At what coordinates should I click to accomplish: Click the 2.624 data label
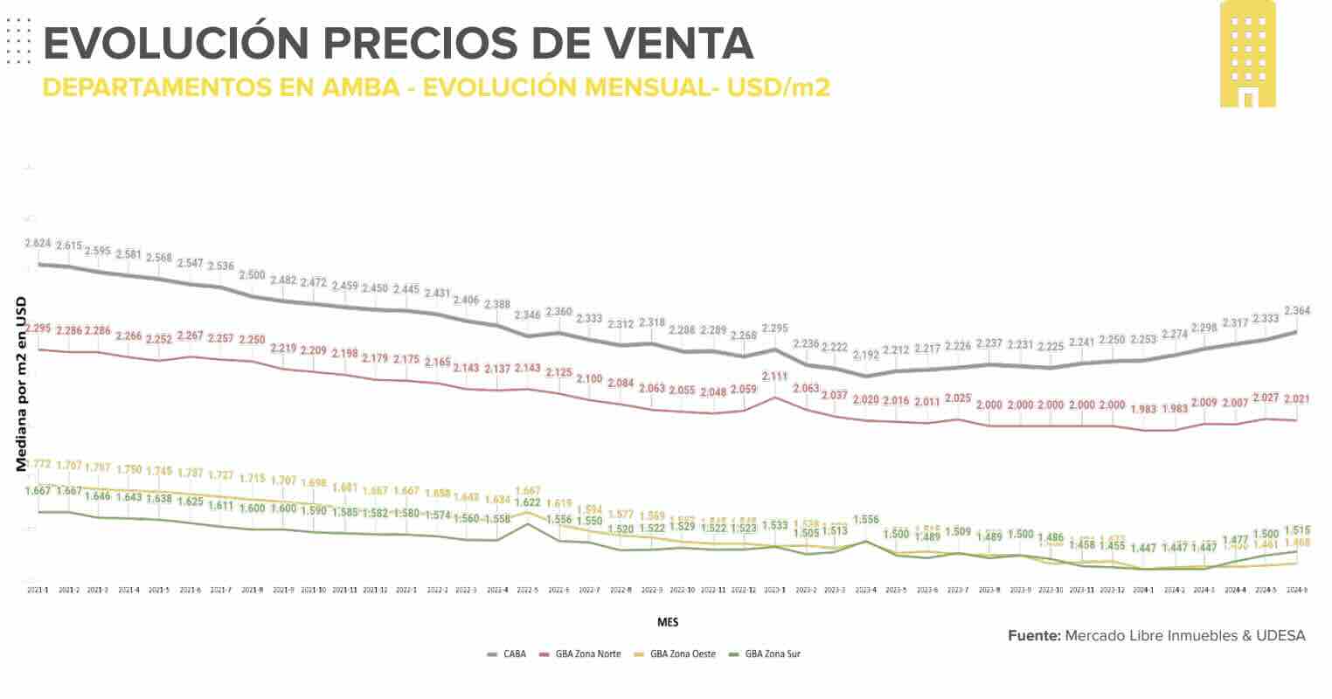[x=38, y=243]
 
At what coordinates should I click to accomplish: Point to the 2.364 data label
[x=1297, y=310]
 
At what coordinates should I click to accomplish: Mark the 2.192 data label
[x=866, y=355]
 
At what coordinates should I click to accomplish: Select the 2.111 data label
[x=774, y=376]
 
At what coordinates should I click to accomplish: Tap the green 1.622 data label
[x=528, y=503]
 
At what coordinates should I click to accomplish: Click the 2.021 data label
[x=1296, y=399]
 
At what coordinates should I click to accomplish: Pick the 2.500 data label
[x=252, y=275]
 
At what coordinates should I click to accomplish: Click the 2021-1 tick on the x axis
[x=38, y=591]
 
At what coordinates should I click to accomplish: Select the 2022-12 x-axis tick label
[x=743, y=591]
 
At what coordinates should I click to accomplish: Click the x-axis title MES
[x=668, y=622]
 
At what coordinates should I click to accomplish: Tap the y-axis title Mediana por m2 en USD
[x=20, y=384]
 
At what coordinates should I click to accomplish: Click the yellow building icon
[x=1247, y=54]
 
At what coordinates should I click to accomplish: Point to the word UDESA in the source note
[x=1280, y=635]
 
